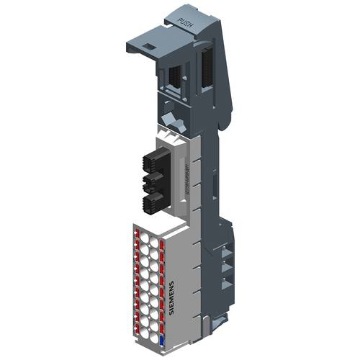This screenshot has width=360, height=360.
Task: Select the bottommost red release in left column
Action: [136, 325]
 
